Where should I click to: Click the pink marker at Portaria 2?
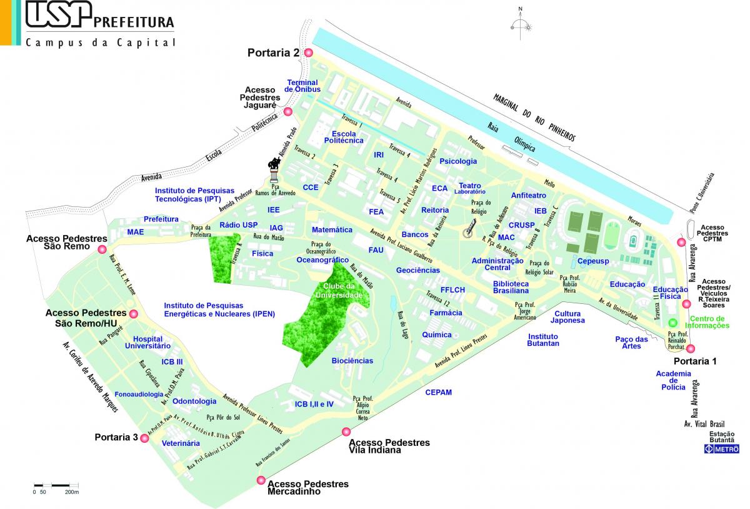coord(308,53)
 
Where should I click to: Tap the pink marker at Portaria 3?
coord(145,438)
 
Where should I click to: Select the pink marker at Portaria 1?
coord(691,350)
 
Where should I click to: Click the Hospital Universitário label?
coord(147,341)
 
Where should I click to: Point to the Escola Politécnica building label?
coord(347,137)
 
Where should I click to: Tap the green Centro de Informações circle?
coord(672,323)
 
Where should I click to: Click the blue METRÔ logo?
coord(722,449)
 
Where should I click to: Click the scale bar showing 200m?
coord(56,485)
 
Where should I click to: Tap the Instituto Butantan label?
coord(542,340)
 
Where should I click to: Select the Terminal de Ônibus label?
coord(302,86)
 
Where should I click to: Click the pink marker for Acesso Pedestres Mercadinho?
coord(261,480)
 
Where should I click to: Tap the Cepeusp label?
coord(593,261)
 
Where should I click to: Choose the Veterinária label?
coord(181,443)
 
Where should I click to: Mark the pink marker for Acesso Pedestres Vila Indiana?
coord(346,431)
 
